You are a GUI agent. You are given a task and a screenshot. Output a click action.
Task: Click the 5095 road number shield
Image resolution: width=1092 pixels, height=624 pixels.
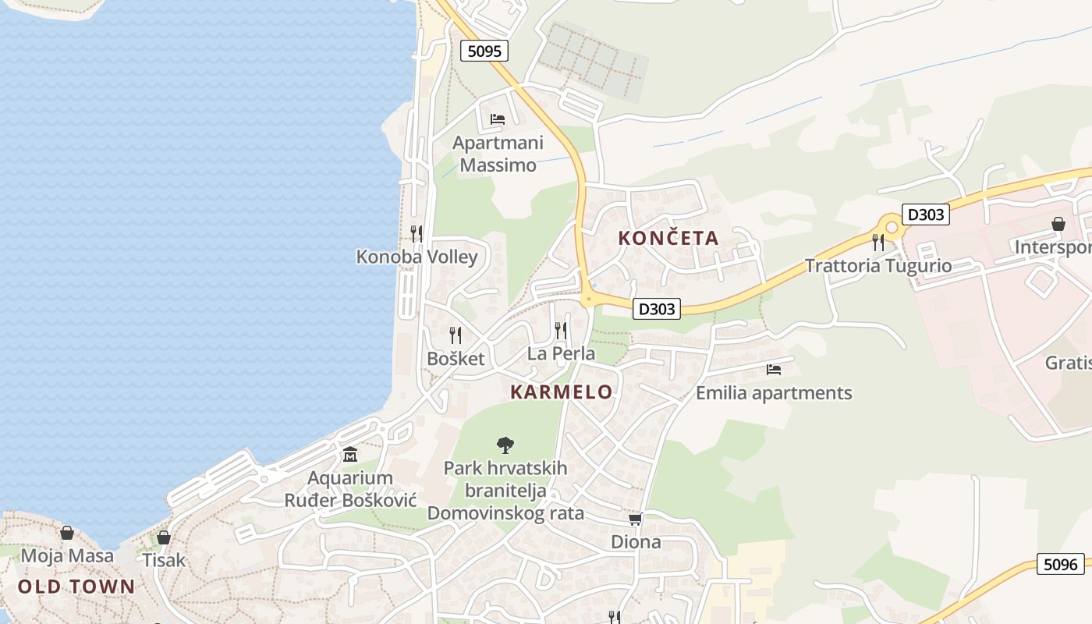484,51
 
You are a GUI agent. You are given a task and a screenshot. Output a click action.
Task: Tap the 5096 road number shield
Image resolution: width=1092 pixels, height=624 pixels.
1060,564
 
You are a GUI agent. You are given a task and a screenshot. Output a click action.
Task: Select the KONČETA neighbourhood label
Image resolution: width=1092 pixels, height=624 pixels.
668,238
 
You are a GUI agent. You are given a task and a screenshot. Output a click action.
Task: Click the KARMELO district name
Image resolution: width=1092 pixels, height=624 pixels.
562,392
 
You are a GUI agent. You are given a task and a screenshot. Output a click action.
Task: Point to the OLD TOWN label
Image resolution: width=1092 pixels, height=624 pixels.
76,587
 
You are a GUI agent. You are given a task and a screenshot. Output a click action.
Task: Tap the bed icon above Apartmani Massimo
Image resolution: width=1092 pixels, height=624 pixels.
498,119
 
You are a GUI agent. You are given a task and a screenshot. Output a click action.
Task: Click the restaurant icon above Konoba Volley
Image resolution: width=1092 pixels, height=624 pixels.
417,233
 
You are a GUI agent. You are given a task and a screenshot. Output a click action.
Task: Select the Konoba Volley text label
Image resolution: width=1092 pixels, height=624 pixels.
417,257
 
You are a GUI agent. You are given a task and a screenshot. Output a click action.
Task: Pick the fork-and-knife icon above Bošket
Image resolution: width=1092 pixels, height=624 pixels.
456,335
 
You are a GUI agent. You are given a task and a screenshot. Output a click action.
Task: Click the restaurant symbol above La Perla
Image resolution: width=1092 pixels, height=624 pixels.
561,331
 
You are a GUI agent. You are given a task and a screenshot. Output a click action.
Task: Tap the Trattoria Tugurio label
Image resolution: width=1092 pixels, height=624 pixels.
878,266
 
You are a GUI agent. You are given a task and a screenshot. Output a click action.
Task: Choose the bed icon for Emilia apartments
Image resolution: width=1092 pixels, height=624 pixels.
774,370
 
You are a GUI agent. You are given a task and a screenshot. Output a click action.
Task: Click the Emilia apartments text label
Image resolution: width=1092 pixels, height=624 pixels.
774,393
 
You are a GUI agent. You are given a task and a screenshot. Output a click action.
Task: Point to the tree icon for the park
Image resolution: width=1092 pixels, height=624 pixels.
505,445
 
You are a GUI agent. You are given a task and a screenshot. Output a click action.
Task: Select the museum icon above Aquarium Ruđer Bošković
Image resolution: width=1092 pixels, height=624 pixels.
350,454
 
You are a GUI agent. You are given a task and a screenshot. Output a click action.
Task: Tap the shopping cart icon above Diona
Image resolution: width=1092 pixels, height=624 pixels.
636,519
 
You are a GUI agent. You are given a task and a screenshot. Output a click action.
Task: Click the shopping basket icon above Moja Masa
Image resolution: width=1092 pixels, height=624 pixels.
67,533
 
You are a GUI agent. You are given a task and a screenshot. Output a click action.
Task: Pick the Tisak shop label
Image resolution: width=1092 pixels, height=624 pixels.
164,560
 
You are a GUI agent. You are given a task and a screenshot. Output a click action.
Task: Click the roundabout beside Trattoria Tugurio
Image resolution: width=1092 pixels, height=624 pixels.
892,228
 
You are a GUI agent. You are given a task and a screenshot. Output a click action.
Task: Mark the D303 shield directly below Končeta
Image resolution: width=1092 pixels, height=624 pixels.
657,309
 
